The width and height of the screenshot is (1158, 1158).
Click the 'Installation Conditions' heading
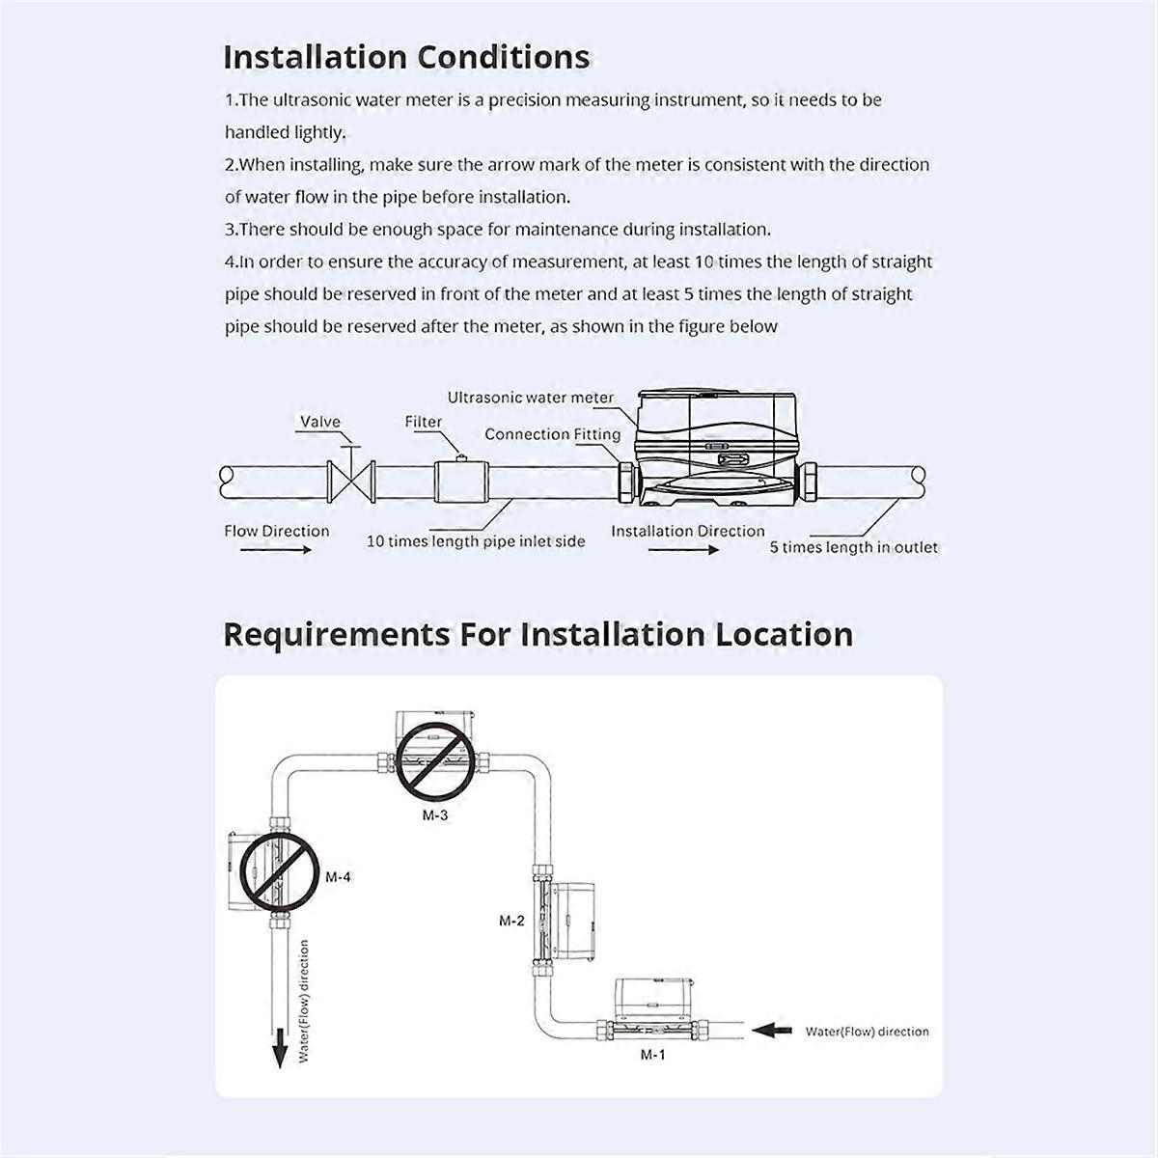click(x=406, y=57)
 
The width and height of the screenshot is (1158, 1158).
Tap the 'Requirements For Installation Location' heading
click(x=538, y=635)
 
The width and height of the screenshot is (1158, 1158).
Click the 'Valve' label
click(x=319, y=422)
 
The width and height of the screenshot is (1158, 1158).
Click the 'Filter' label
click(x=423, y=422)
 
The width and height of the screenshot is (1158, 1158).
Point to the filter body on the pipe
click(x=462, y=480)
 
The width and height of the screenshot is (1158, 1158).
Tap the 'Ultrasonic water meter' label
click(x=530, y=398)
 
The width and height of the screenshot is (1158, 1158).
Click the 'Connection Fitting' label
click(x=552, y=434)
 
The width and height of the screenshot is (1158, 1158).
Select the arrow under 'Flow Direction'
click(x=276, y=550)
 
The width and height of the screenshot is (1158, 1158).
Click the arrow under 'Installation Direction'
click(x=683, y=550)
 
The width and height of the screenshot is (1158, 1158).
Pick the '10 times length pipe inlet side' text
click(x=475, y=541)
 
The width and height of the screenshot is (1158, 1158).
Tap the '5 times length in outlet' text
click(x=853, y=547)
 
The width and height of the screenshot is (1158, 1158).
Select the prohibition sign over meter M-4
click(x=279, y=872)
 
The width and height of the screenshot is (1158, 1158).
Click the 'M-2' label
click(x=511, y=921)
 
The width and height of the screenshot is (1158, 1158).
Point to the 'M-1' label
click(x=653, y=1055)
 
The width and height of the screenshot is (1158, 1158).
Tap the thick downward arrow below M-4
click(x=280, y=1047)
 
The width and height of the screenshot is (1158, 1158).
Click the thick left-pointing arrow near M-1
click(x=770, y=1030)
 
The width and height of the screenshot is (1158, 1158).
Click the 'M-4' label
click(x=338, y=877)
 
